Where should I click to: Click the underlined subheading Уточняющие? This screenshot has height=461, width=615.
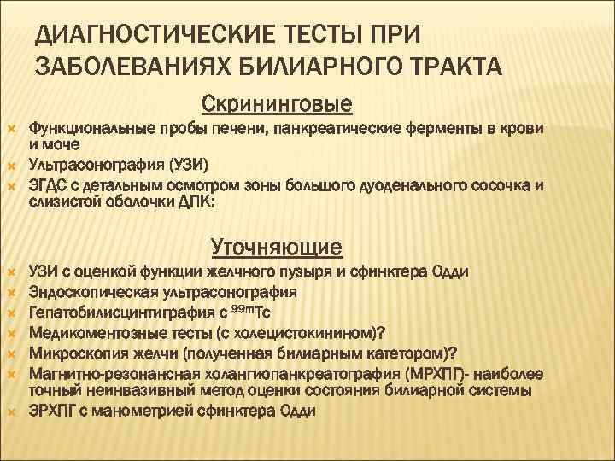[277, 248]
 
